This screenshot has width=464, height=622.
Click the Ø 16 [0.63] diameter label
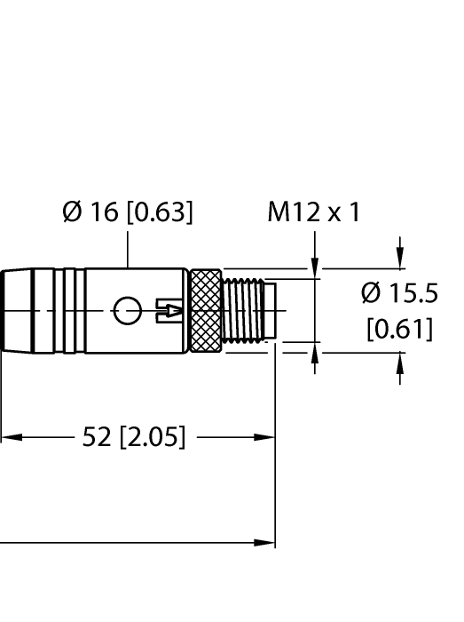(x=128, y=213)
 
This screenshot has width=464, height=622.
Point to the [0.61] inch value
(x=399, y=331)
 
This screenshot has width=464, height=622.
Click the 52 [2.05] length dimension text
(x=133, y=437)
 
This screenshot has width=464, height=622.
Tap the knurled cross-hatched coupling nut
(x=205, y=310)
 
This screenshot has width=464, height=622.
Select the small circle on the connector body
(x=127, y=310)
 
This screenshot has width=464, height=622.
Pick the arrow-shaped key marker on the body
(x=169, y=310)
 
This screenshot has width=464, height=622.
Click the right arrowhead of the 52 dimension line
(x=267, y=437)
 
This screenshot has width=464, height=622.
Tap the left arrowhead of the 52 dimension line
(x=7, y=437)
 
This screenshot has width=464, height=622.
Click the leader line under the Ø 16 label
(x=130, y=249)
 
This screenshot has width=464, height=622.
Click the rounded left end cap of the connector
(x=9, y=310)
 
